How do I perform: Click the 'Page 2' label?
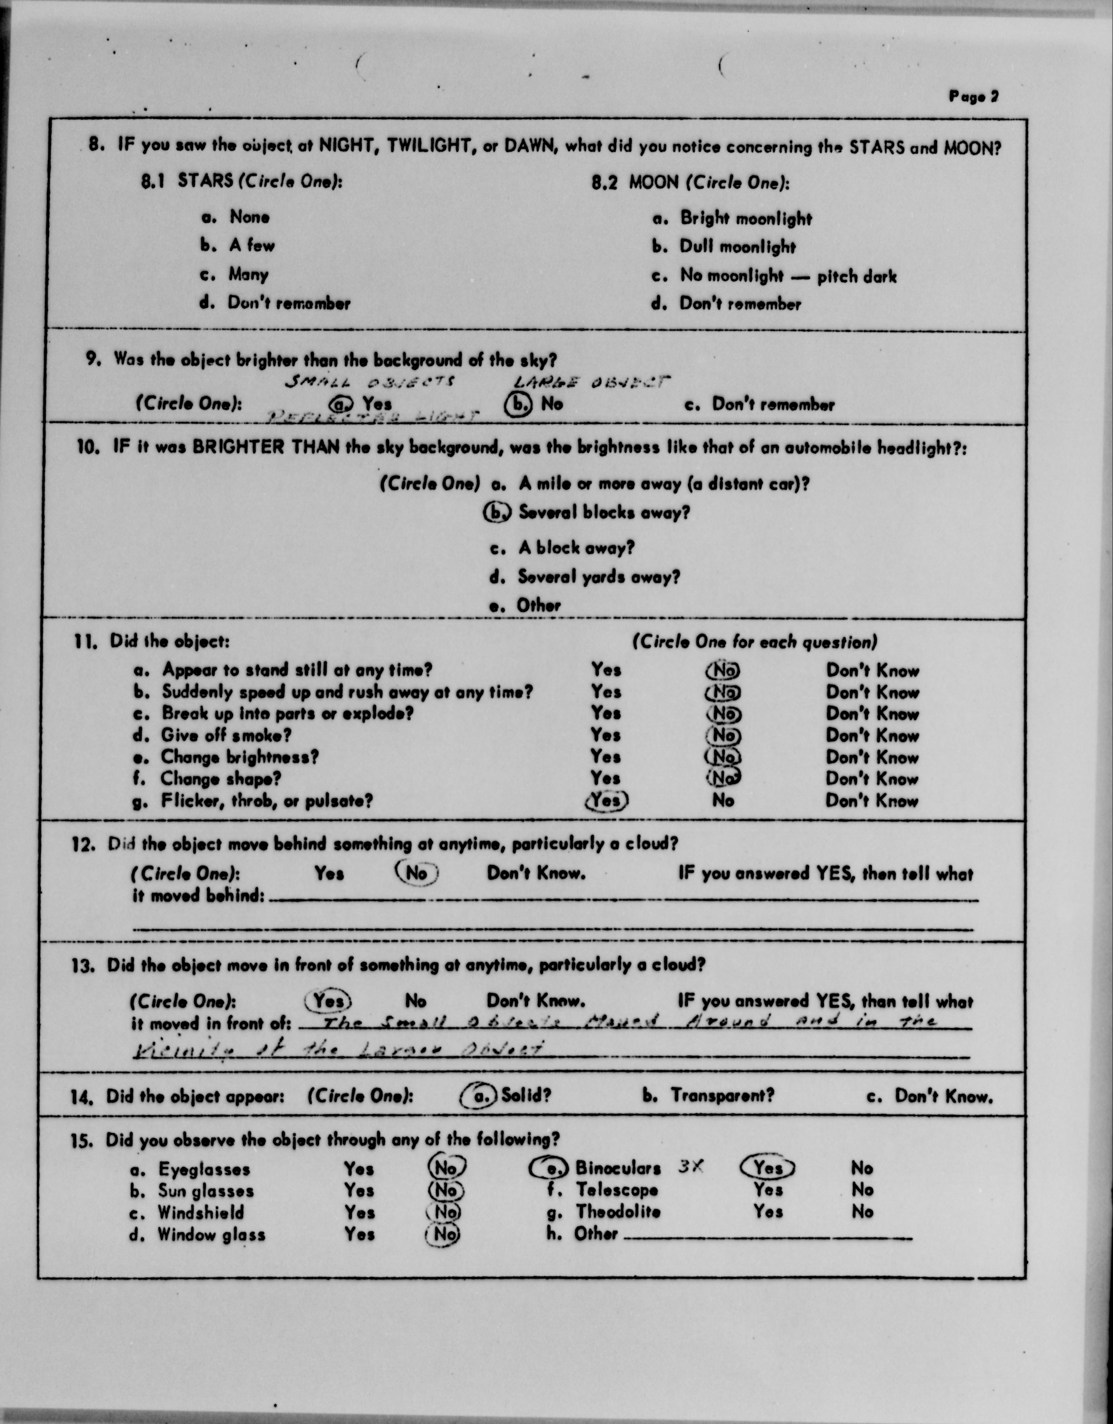973,97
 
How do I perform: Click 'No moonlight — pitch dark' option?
788,276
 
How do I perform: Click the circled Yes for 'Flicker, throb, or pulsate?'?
607,800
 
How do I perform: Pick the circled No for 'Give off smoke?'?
723,736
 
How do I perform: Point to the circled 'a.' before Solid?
480,1096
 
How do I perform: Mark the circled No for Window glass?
443,1234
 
